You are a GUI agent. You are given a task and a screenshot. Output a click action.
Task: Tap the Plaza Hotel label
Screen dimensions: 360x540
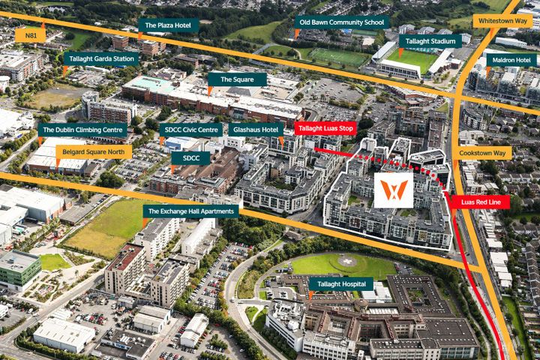tap(168, 25)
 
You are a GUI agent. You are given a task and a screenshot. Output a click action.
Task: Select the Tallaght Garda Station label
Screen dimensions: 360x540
tap(101, 58)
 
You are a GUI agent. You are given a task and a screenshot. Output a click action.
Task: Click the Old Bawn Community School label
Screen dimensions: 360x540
tap(341, 22)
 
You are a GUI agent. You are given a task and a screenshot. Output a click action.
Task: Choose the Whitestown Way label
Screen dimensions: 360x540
tap(502, 21)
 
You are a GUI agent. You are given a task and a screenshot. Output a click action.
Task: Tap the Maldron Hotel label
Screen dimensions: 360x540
tap(511, 60)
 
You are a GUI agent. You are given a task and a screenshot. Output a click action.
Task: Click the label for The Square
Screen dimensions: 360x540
tap(237, 79)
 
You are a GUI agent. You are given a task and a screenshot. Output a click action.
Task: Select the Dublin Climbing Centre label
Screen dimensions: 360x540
tap(82, 130)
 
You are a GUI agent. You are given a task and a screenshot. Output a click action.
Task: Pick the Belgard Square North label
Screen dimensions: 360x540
tap(94, 151)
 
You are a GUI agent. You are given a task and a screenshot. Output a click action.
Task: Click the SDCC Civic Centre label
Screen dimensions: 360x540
tap(190, 130)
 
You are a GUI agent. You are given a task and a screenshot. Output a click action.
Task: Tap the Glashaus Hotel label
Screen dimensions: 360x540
tap(255, 130)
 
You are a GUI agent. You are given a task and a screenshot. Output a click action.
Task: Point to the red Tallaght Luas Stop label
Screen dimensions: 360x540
tap(326, 128)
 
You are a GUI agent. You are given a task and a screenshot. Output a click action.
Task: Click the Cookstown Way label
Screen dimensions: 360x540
tap(481, 152)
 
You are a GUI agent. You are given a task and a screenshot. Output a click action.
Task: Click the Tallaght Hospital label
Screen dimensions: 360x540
tap(341, 283)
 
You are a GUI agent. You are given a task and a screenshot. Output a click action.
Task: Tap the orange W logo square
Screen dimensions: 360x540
tap(394, 190)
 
